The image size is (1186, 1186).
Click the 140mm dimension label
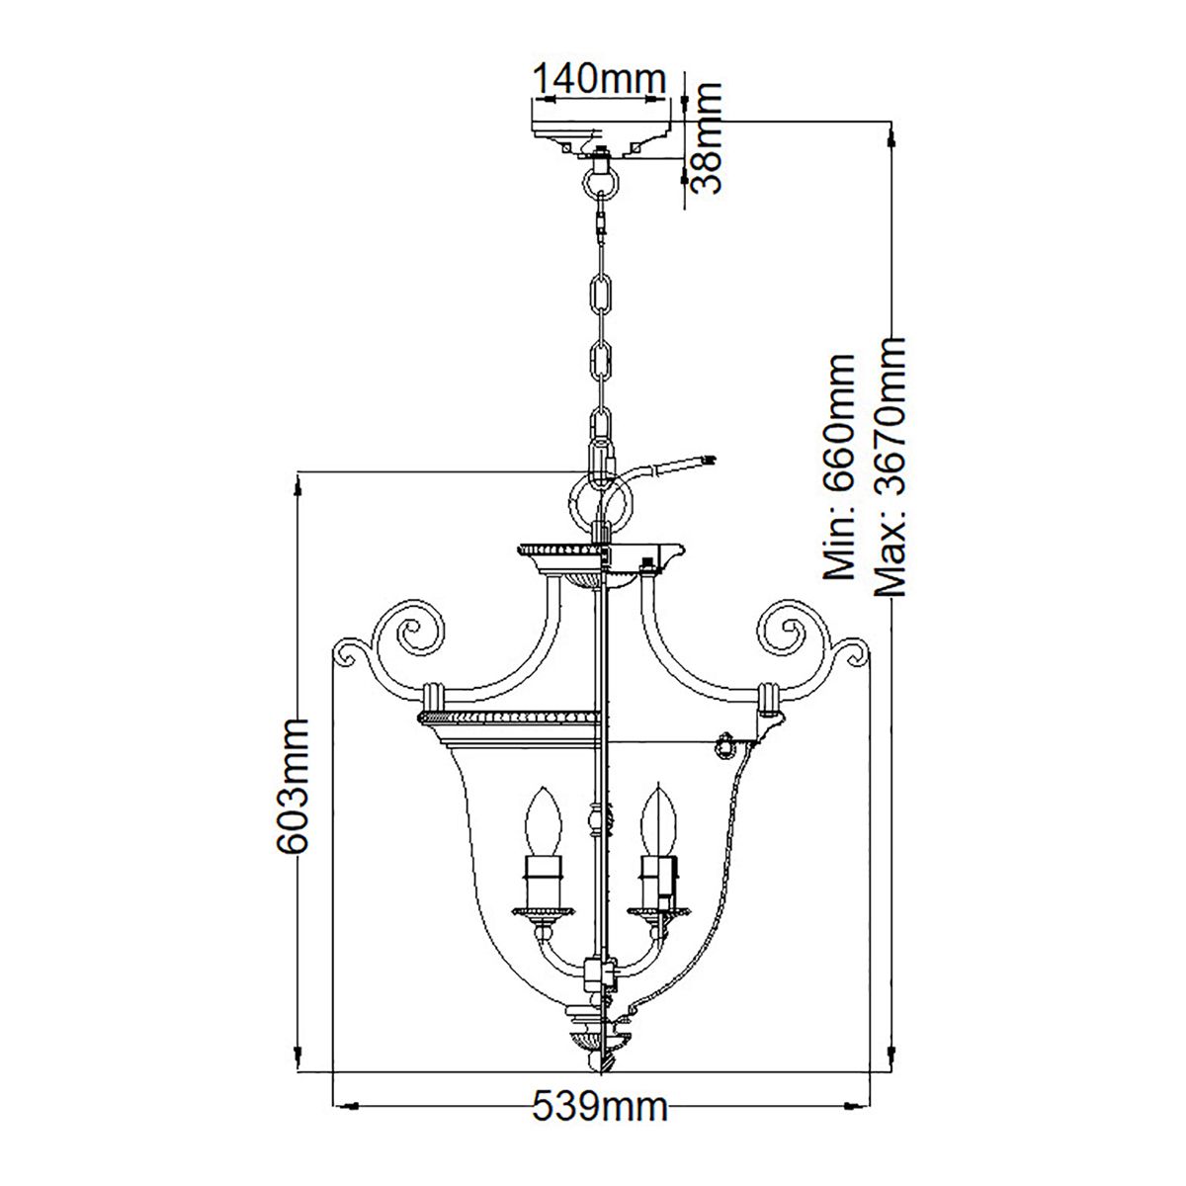pos(599,78)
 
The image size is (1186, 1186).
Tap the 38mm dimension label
pos(707,137)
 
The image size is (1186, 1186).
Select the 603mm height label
pos(292,787)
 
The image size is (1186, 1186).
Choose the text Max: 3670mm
pos(890,466)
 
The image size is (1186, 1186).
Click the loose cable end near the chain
pos(704,460)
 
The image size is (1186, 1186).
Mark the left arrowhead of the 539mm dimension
pos(337,1106)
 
